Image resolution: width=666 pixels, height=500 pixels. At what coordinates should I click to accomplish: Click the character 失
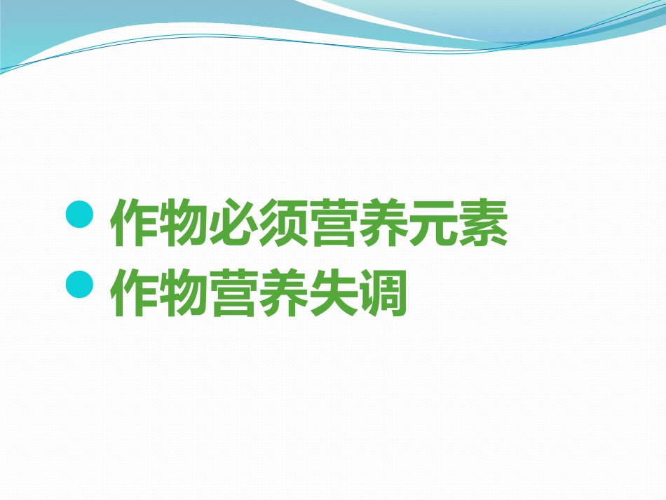click(x=334, y=295)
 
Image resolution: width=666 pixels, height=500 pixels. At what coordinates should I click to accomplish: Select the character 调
click(x=383, y=295)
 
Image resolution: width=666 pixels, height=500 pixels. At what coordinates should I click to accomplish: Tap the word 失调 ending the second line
click(x=359, y=295)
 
